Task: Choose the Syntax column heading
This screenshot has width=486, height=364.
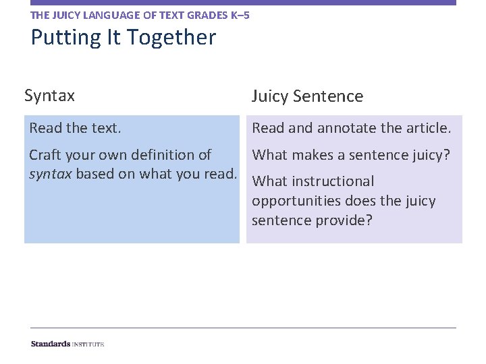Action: [49, 96]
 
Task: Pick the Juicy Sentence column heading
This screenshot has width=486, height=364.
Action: [307, 96]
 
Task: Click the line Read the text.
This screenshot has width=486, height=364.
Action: [75, 128]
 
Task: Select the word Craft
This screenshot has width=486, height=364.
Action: [44, 155]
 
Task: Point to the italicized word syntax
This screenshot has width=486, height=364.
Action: [50, 175]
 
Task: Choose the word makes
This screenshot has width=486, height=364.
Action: [313, 155]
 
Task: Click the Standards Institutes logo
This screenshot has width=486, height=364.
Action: [67, 344]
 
